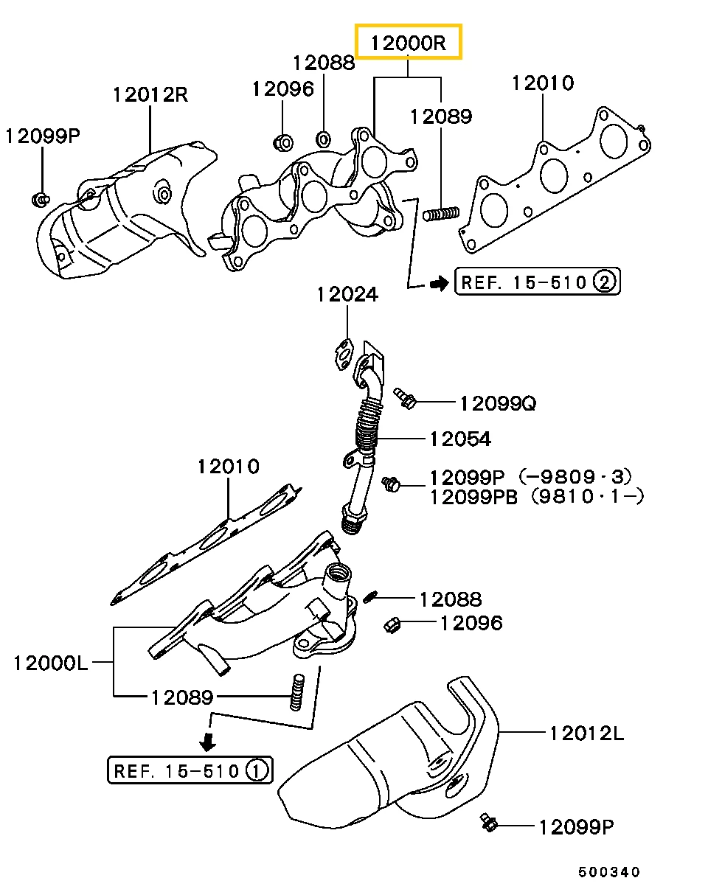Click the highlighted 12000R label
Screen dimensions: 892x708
[408, 42]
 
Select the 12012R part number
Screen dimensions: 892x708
[150, 94]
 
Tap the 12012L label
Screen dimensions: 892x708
[586, 733]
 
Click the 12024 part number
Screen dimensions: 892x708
[347, 295]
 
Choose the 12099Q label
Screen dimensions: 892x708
[497, 403]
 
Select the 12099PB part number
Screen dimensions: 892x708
[476, 496]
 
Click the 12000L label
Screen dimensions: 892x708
[50, 663]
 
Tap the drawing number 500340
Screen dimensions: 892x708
[609, 872]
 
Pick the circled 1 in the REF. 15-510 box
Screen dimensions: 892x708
[255, 771]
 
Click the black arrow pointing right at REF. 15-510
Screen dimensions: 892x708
[439, 282]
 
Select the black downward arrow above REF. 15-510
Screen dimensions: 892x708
[209, 739]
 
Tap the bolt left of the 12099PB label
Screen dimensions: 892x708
[391, 484]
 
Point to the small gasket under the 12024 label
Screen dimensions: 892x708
[342, 352]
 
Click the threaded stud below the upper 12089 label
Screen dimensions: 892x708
[442, 215]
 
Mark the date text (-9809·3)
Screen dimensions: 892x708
[575, 477]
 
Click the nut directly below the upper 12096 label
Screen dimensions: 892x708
[283, 140]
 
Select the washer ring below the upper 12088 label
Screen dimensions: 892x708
[323, 138]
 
